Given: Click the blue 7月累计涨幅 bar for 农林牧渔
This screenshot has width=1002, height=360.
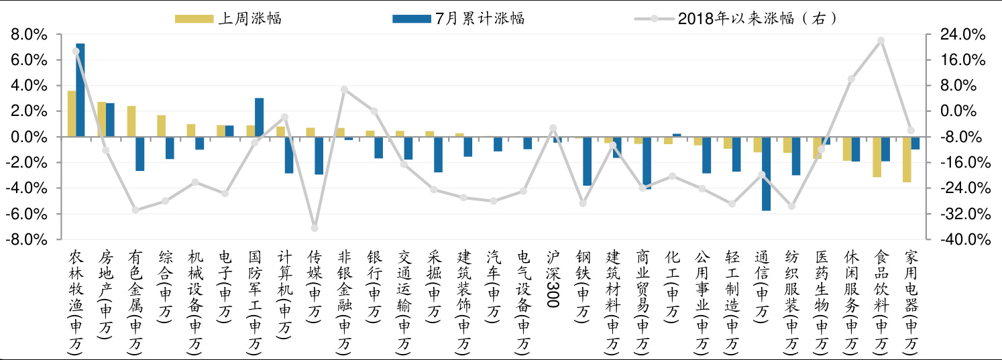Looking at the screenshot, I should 80,90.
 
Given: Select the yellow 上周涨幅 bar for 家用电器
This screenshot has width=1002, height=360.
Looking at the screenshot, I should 907,160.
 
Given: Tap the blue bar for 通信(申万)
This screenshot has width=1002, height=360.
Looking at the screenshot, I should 766,174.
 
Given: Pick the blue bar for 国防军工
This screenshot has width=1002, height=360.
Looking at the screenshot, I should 259,117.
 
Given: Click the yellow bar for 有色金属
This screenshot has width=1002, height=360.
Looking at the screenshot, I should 131,121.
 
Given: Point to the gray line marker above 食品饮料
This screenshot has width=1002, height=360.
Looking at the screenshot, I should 881,41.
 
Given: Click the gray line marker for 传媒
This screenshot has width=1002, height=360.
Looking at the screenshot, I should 315,228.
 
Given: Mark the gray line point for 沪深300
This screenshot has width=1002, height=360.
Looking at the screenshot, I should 553,128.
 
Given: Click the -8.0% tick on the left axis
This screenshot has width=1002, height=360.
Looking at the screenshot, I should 27,240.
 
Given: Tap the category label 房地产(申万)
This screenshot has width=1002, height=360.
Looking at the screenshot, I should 106,295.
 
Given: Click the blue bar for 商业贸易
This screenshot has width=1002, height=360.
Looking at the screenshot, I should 647,163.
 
